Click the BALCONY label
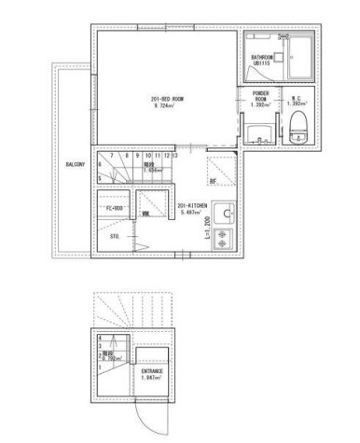[76, 163]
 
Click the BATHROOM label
[262, 56]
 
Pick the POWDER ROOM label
[260, 96]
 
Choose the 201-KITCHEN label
[190, 206]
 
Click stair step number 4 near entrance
[100, 338]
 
